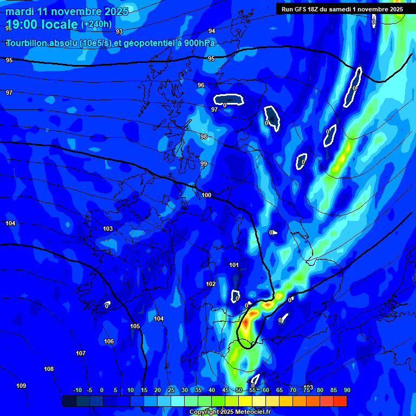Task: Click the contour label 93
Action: pyautogui.click(x=119, y=32)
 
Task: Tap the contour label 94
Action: pyautogui.click(x=211, y=31)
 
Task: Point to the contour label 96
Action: pyautogui.click(x=201, y=86)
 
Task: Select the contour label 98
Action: pyautogui.click(x=204, y=137)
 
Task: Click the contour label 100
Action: pyautogui.click(x=206, y=196)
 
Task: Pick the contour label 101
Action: pyautogui.click(x=234, y=265)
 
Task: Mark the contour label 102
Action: pyautogui.click(x=211, y=284)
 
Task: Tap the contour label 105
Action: pyautogui.click(x=135, y=327)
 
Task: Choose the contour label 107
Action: pyautogui.click(x=81, y=354)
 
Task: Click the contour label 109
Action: pyautogui.click(x=21, y=386)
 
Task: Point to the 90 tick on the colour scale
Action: pyautogui.click(x=347, y=391)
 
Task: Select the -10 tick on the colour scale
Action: pyautogui.click(x=77, y=391)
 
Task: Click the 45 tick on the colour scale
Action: pyautogui.click(x=225, y=391)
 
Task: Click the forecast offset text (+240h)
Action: pyautogui.click(x=96, y=24)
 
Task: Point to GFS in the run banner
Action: pyautogui.click(x=302, y=9)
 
